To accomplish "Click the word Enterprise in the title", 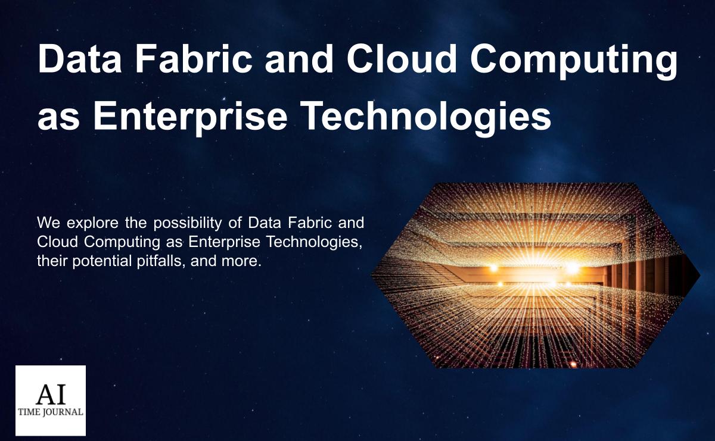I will tap(193, 116).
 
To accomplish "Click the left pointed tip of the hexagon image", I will tap(372, 275).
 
